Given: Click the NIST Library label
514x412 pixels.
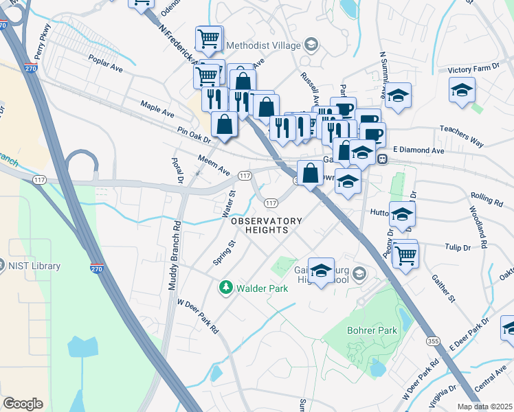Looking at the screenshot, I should pyautogui.click(x=35, y=266).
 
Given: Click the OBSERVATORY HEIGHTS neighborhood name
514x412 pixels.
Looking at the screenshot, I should pyautogui.click(x=267, y=225).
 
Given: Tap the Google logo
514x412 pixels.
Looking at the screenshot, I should pyautogui.click(x=23, y=404).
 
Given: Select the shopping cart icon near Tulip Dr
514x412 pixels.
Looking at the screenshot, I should pyautogui.click(x=406, y=255).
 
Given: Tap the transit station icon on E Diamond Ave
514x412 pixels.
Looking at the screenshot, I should pyautogui.click(x=383, y=159).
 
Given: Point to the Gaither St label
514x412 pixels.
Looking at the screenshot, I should pyautogui.click(x=443, y=288).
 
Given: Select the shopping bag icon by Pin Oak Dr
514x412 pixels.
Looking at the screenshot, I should pyautogui.click(x=225, y=124).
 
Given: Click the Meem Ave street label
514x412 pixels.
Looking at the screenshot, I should pyautogui.click(x=213, y=165).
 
